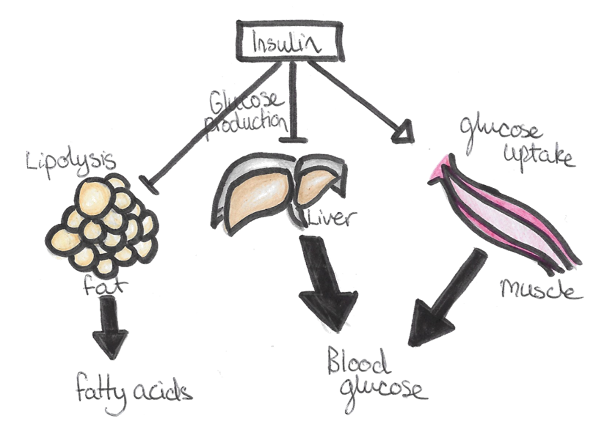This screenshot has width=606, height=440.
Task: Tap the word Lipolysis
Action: coord(63,159)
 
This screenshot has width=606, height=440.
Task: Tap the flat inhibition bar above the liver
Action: coord(293,139)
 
